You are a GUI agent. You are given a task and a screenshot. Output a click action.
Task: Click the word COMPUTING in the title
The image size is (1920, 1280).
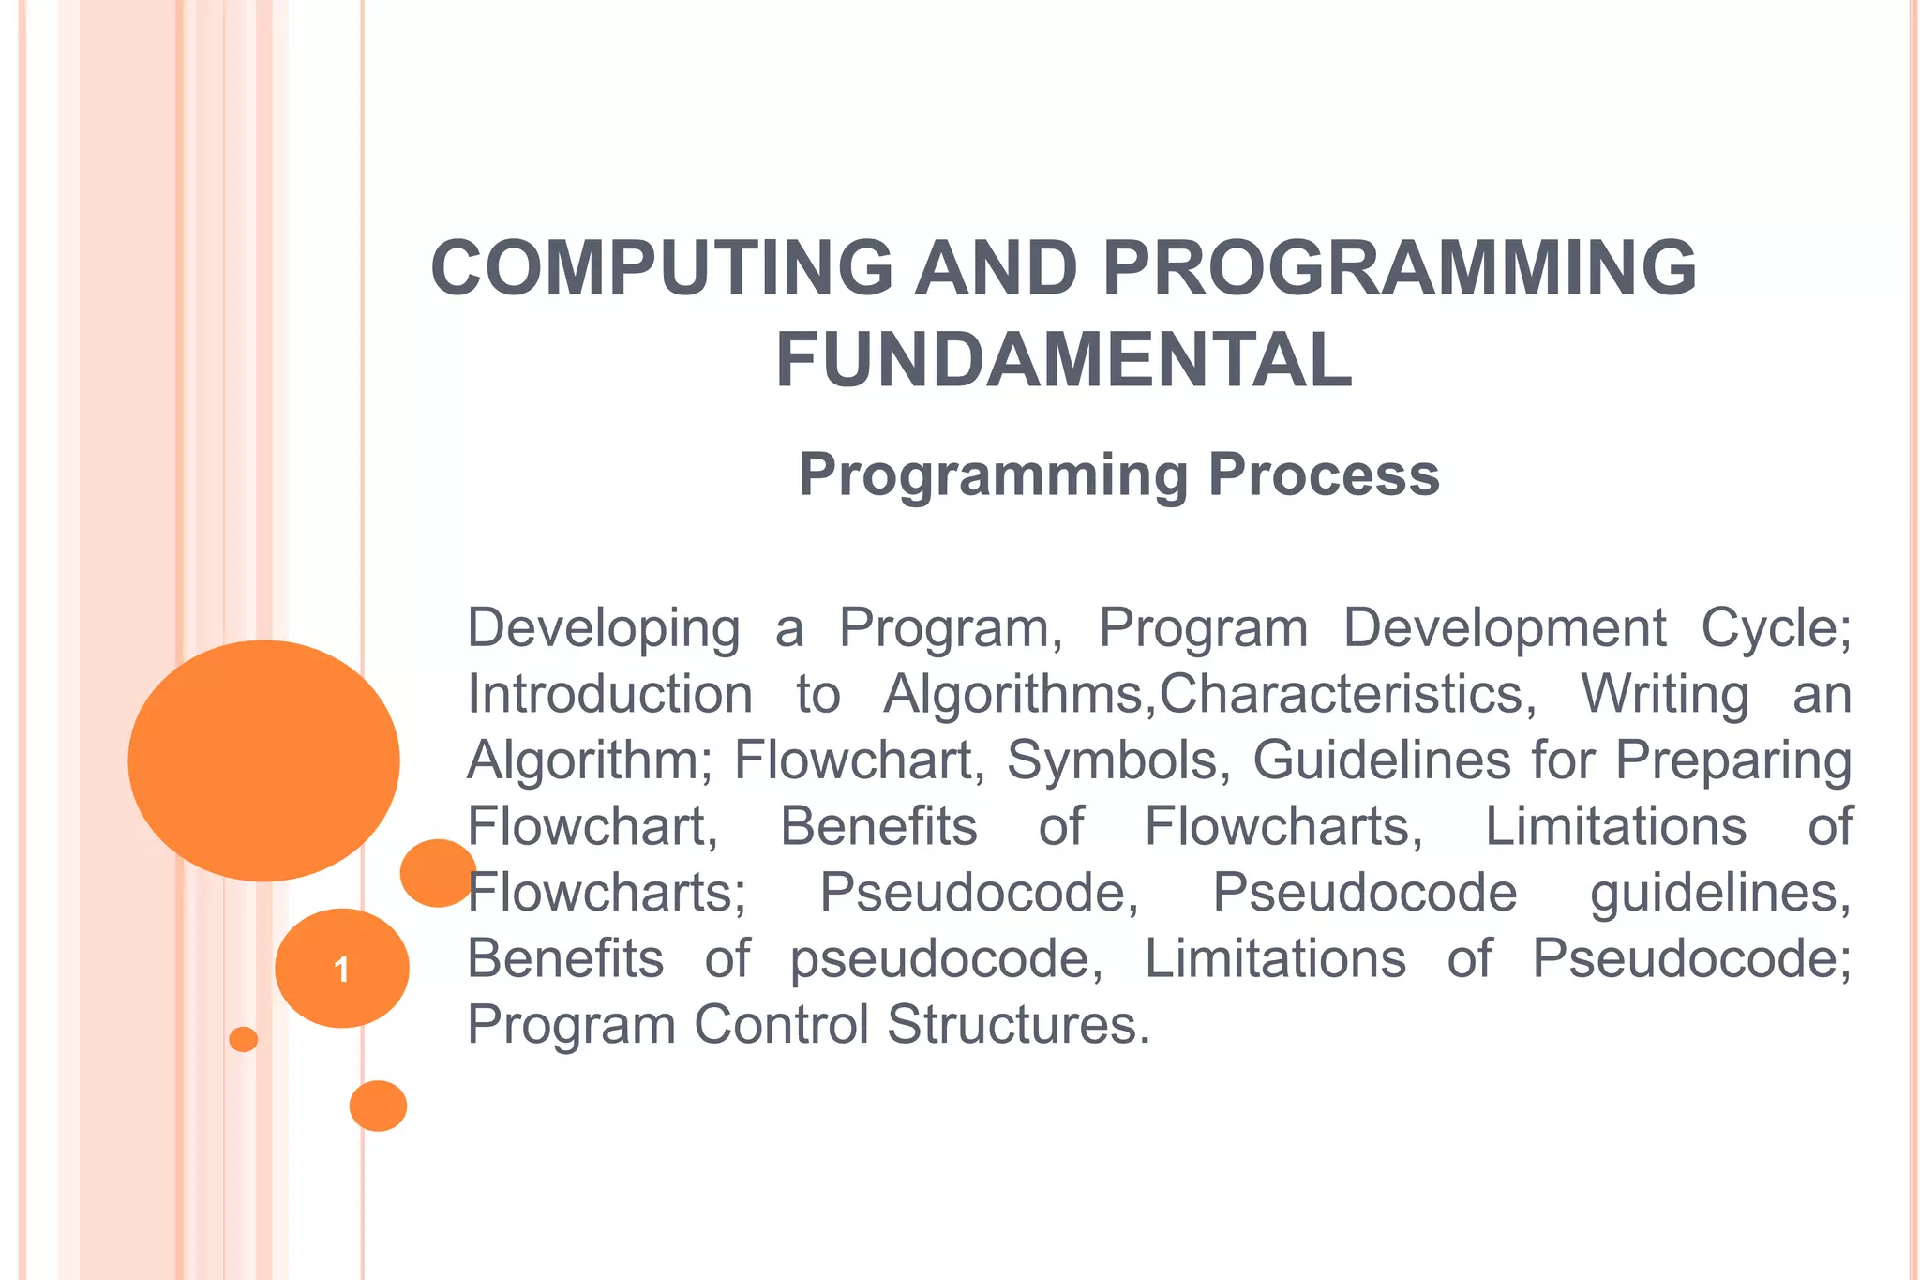(662, 268)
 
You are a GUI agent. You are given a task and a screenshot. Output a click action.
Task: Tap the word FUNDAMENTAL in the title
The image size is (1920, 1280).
(1064, 361)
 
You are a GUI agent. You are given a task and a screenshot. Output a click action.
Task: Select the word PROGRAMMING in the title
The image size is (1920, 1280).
(1400, 268)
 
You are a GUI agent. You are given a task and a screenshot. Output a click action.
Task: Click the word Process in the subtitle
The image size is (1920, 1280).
(1324, 474)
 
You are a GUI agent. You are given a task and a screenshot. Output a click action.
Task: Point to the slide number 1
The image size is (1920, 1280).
(341, 969)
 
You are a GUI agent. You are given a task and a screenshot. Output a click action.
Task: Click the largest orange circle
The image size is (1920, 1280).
(263, 760)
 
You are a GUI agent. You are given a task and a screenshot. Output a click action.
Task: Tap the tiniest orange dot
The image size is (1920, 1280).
(243, 1039)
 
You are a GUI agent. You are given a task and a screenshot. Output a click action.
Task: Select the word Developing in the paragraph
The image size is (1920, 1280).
(604, 628)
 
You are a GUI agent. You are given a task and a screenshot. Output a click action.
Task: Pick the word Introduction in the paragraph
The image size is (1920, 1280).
(610, 695)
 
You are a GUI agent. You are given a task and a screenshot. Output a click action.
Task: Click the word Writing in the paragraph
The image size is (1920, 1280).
(1664, 695)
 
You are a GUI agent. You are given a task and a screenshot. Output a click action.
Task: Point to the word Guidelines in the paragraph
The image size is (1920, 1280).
(1382, 760)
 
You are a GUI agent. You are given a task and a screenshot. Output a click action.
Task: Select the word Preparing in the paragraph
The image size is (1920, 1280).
(1733, 760)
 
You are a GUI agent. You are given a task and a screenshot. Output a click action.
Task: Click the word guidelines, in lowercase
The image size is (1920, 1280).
(1720, 893)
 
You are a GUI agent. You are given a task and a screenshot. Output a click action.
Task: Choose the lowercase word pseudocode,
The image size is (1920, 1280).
(947, 959)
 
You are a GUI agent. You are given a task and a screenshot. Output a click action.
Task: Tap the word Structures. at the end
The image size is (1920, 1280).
(1018, 1025)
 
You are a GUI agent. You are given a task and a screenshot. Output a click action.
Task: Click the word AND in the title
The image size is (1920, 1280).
(997, 268)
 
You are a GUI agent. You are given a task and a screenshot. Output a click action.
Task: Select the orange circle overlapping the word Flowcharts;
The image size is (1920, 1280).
(437, 873)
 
